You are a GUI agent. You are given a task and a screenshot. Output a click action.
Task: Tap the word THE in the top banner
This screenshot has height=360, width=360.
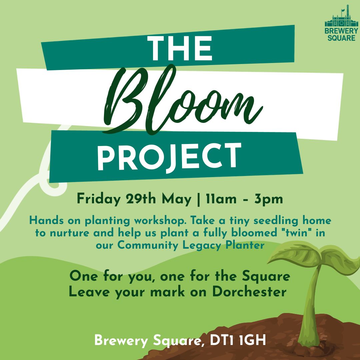pos(180,48)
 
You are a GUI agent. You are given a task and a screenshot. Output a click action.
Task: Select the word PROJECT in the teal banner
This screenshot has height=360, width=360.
pos(169,157)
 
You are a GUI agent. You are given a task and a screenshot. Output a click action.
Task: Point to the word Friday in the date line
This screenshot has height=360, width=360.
pos(98,199)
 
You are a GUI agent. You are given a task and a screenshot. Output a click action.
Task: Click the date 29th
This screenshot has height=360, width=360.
pos(141,199)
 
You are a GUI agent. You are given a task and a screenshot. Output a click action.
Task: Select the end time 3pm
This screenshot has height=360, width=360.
pos(269,199)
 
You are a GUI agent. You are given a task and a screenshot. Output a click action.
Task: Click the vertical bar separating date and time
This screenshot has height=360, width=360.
pos(199,199)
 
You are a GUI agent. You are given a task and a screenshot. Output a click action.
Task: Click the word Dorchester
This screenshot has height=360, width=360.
pos(249,292)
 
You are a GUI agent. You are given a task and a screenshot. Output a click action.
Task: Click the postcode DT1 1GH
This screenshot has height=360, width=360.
pos(238,340)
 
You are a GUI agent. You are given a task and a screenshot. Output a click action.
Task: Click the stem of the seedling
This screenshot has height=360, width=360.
pos(310,305)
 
